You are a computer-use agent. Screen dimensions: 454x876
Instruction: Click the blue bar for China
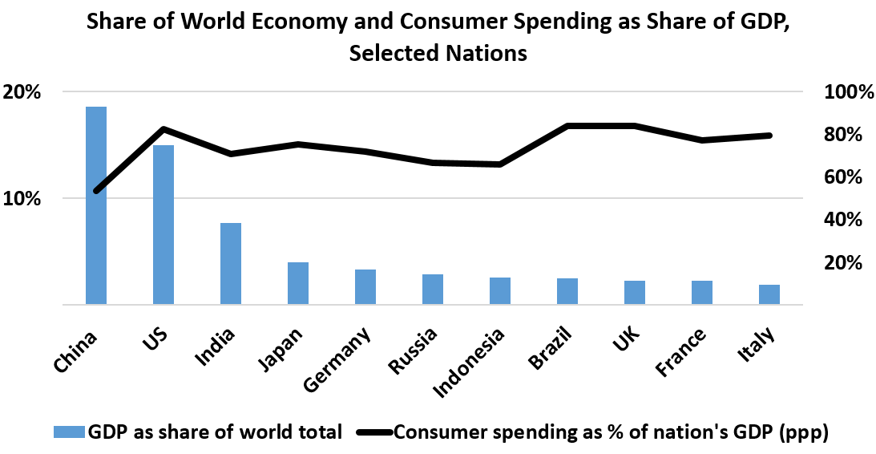(x=96, y=205)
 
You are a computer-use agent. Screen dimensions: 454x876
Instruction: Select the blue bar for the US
(x=163, y=225)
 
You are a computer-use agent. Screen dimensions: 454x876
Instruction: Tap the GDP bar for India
(x=231, y=264)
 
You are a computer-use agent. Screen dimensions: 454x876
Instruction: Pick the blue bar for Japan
(x=298, y=283)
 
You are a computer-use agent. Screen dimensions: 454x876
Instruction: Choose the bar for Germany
(x=365, y=287)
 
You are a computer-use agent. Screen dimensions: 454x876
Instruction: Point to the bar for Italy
(x=769, y=294)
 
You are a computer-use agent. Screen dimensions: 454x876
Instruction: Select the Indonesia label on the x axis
(x=469, y=363)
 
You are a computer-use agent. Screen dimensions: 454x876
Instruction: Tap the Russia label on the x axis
(x=412, y=351)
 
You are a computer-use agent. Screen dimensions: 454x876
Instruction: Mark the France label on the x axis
(x=680, y=352)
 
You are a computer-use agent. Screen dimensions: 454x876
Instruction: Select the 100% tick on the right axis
(x=849, y=92)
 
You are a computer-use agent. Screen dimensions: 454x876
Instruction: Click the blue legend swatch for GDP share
(x=68, y=432)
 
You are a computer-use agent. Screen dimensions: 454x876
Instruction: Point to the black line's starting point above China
(x=96, y=191)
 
